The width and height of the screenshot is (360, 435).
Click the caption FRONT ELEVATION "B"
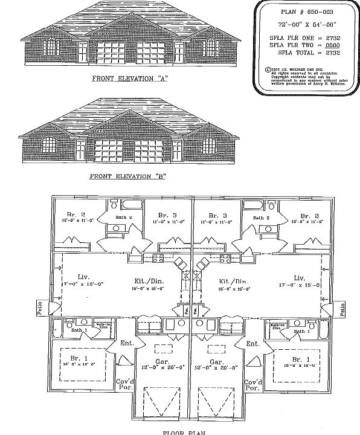(127, 177)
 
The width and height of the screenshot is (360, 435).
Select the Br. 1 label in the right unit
(298, 359)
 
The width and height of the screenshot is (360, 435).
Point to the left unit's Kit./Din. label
(146, 280)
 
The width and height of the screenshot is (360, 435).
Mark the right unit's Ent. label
(252, 344)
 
